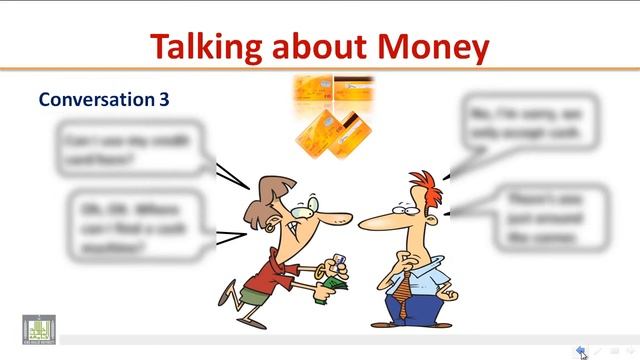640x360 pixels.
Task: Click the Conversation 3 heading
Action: click(x=104, y=99)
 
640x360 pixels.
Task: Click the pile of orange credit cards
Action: click(x=333, y=115)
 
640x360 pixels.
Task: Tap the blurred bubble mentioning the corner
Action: click(x=545, y=217)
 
